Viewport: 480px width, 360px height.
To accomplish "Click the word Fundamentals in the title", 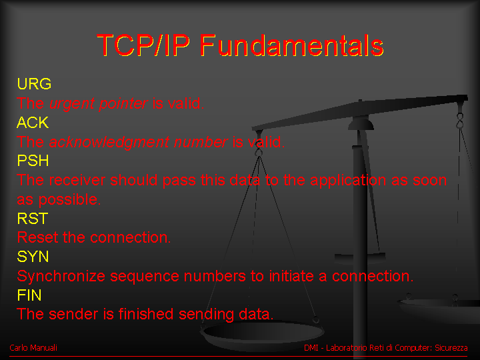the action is click(292, 45).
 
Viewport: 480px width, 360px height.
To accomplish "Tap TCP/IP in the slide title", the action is click(143, 45).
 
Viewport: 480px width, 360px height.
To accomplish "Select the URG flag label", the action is click(34, 84).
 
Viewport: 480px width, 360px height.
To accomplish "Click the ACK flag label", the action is click(33, 123).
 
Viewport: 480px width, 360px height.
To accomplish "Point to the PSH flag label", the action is click(33, 161).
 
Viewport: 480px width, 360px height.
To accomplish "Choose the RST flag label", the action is click(33, 219).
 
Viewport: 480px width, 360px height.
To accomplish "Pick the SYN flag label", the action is click(33, 257).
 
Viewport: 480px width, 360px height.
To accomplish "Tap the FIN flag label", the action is click(29, 295).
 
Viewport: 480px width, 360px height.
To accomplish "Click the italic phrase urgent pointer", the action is click(99, 104).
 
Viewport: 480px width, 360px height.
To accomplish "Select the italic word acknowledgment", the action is click(109, 143).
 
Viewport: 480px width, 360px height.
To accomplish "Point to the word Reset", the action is click(37, 237).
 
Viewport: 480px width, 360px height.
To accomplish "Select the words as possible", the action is click(59, 200).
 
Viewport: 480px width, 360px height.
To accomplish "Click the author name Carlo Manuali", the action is click(33, 348).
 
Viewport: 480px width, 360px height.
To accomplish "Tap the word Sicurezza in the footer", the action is click(451, 348).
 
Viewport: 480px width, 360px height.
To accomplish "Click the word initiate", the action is click(291, 276).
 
